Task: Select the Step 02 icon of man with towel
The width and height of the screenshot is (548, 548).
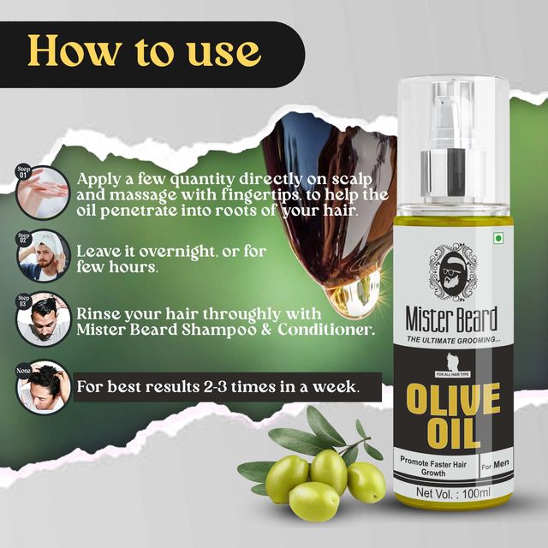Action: (x=43, y=255)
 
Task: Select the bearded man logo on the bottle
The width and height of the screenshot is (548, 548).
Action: (x=453, y=272)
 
